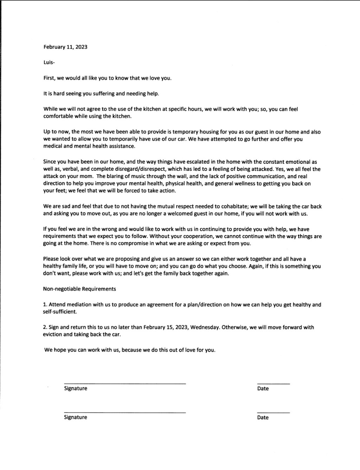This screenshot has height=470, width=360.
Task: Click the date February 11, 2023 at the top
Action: tap(65, 47)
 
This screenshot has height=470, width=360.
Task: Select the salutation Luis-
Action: tap(49, 63)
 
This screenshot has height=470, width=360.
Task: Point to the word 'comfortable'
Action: tap(58, 116)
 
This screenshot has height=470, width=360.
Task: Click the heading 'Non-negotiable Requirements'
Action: tap(79, 289)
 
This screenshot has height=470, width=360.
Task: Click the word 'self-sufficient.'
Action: tap(60, 312)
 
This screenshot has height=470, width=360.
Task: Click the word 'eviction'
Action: tap(52, 334)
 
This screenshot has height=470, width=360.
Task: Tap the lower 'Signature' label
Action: tap(76, 417)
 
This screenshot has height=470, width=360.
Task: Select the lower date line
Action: tap(273, 412)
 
